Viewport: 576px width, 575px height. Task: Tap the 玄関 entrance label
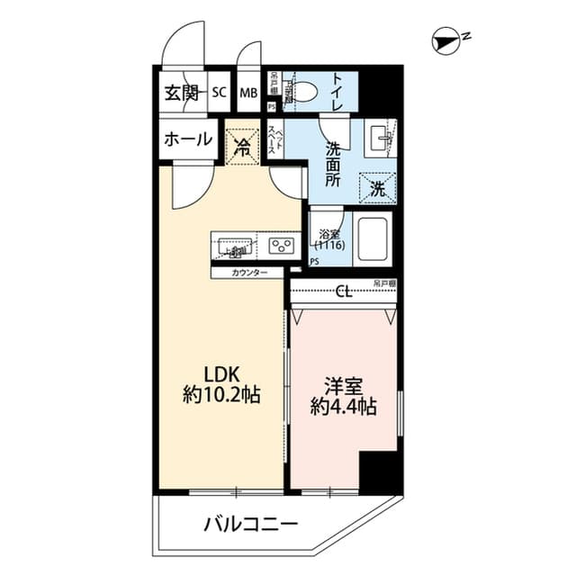[181, 92]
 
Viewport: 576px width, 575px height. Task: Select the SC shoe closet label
[219, 92]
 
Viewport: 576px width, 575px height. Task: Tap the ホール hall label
[188, 139]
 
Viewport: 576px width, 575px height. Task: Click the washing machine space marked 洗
[376, 189]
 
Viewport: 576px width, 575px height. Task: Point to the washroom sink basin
[380, 140]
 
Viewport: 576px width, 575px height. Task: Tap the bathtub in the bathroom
[373, 239]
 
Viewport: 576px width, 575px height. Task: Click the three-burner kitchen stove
[280, 244]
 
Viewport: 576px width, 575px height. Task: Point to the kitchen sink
[233, 244]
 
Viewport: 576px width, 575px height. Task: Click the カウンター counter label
[248, 272]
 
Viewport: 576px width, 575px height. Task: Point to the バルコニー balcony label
[250, 524]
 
